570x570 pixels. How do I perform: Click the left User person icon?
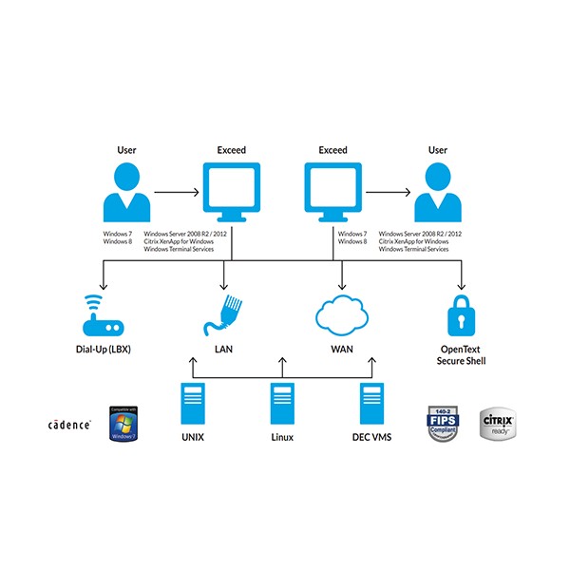click(126, 191)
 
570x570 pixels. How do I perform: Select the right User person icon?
click(438, 191)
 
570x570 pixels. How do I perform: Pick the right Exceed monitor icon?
click(333, 190)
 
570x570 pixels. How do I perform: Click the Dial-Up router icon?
click(101, 318)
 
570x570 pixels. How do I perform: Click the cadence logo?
click(69, 425)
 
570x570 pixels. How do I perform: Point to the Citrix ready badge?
click(500, 420)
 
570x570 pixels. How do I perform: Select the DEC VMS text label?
click(371, 437)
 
